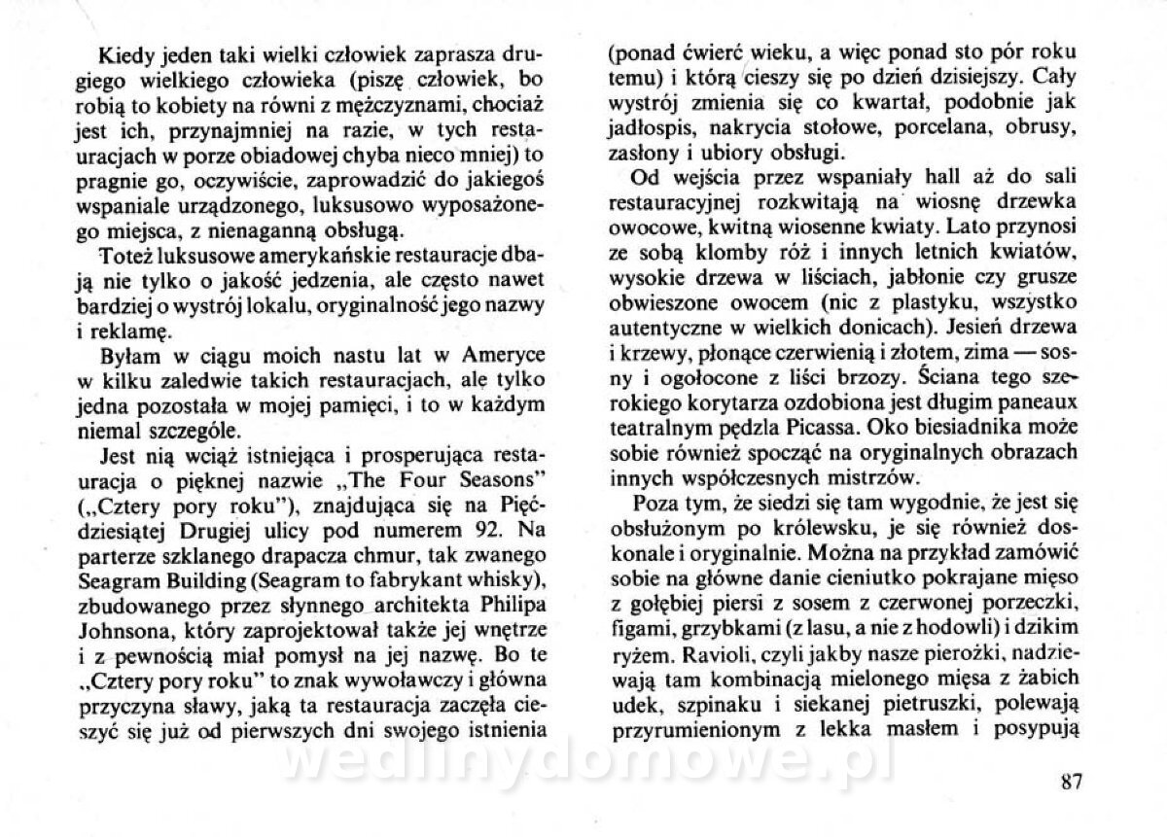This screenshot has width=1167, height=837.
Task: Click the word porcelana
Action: (x=930, y=127)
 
